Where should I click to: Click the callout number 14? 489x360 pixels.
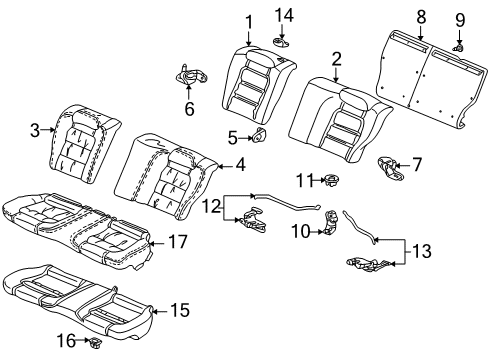(284, 16)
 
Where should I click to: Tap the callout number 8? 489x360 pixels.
(421, 16)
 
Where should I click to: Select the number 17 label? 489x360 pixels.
(178, 241)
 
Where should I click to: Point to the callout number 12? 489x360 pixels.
(212, 207)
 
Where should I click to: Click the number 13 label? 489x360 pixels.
(422, 251)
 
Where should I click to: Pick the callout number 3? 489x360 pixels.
(35, 130)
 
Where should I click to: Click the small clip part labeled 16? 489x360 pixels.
(95, 342)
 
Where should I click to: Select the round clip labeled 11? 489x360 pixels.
(331, 180)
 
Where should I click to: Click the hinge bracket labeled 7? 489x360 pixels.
(390, 168)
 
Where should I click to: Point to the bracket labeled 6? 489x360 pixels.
(192, 76)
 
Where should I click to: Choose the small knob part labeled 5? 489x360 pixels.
(259, 136)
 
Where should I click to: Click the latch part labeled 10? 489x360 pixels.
(331, 222)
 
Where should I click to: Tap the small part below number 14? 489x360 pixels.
(281, 43)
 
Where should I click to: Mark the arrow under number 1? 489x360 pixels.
(248, 38)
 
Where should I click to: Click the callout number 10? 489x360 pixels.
(301, 231)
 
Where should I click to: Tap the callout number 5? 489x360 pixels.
(233, 138)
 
